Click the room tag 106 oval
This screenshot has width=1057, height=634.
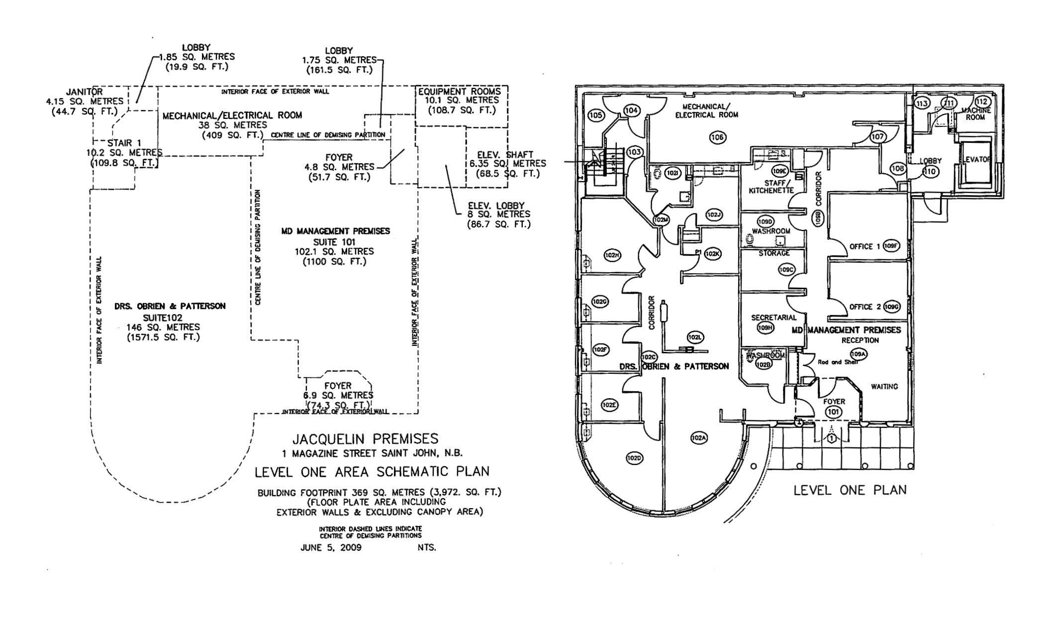(717, 138)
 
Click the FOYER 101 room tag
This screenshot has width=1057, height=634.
(833, 412)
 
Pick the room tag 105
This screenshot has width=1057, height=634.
(596, 115)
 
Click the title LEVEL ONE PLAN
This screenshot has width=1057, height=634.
(850, 490)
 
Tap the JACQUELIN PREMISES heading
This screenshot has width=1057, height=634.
(365, 439)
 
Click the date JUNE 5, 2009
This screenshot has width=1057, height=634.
(331, 548)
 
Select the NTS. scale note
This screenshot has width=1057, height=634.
(427, 548)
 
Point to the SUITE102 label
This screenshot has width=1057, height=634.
(163, 317)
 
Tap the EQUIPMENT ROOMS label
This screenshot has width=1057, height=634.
(459, 92)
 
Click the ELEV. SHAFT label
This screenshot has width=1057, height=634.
(505, 155)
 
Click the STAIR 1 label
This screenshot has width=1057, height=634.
(124, 143)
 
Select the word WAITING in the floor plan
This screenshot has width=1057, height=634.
(884, 387)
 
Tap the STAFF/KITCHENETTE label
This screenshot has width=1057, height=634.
(771, 187)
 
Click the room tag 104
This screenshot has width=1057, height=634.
(632, 110)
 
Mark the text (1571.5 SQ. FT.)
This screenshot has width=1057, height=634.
(163, 337)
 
